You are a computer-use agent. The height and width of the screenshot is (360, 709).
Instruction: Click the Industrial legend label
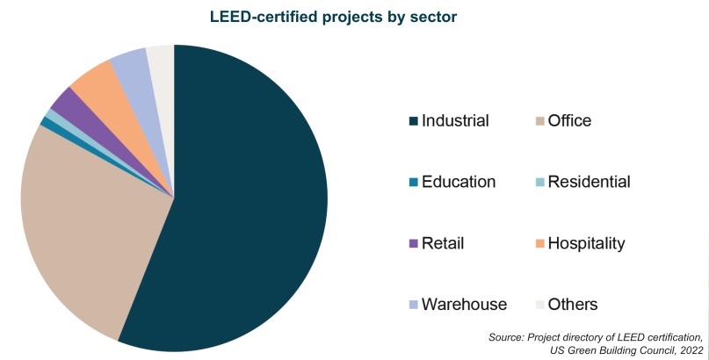tap(455, 121)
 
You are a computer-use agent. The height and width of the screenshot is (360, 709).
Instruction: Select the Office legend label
tap(569, 121)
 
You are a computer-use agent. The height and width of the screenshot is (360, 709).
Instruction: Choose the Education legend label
tap(459, 183)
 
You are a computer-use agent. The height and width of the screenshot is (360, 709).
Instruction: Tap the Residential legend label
tap(589, 183)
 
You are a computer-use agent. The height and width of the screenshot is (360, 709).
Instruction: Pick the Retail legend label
tap(443, 243)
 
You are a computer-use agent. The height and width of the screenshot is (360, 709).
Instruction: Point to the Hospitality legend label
tap(586, 243)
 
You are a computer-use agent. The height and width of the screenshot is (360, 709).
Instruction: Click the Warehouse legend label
tap(464, 305)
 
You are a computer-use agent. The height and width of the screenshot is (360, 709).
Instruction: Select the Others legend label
tap(573, 305)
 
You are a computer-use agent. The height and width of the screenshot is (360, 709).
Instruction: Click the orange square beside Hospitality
tap(540, 244)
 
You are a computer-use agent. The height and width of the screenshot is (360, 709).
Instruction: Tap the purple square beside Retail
tap(414, 244)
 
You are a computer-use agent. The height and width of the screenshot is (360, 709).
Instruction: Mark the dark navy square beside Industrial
tap(414, 122)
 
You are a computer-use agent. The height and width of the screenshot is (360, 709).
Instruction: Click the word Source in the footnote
tap(507, 337)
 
